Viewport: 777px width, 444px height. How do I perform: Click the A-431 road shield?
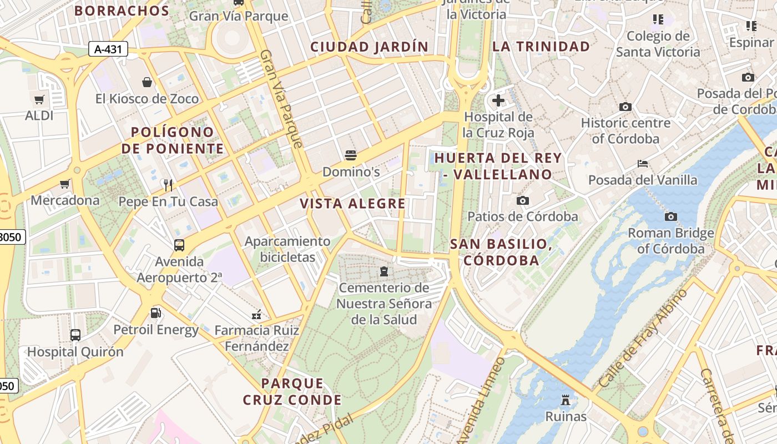coord(108,49)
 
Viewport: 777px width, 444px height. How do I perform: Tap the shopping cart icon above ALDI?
coord(39,100)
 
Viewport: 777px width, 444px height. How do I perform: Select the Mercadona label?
coord(65,200)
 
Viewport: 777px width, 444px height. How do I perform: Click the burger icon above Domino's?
coord(350,155)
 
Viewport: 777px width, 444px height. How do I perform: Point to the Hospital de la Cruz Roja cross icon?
coord(498,100)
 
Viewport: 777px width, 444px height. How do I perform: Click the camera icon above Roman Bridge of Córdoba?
coord(670,216)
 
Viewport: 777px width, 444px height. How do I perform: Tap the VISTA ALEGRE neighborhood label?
coord(353,204)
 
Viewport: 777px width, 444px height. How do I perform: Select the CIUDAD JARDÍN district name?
coord(370,47)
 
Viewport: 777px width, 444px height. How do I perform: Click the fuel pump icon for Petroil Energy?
coord(156,313)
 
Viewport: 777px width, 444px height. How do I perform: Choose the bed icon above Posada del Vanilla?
coord(643,164)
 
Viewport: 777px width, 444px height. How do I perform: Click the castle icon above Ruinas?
coord(565,400)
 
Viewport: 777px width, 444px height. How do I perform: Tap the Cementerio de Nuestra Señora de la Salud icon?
coord(383,271)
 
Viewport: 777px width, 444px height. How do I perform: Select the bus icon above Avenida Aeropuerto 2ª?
coord(179,245)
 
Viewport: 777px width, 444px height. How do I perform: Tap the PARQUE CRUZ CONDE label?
coord(292,391)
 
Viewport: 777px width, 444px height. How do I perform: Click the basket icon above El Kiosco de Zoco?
coord(147,83)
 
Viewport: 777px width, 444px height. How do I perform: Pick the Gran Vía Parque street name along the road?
coord(282,99)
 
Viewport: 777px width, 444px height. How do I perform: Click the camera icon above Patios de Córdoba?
coord(522,200)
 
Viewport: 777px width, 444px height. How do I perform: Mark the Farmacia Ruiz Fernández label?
coord(256,339)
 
